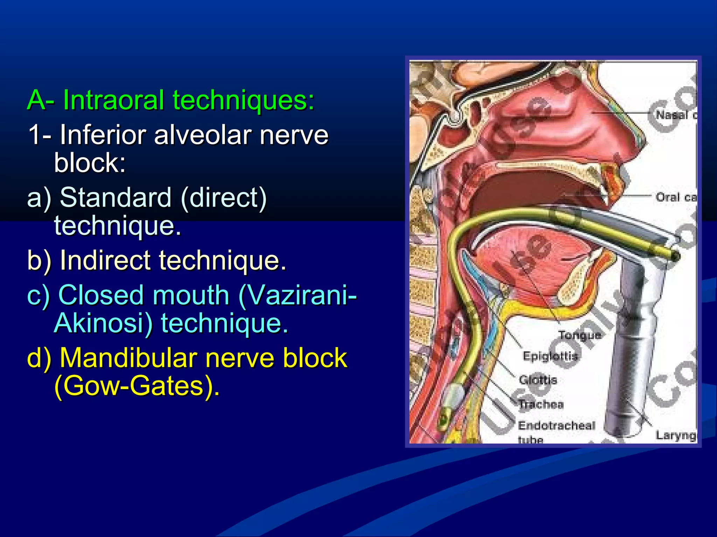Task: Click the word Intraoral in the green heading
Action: [113, 100]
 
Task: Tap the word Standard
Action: [116, 198]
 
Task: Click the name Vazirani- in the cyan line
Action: [298, 295]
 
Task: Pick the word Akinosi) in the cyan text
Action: [104, 323]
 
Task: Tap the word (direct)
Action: [224, 198]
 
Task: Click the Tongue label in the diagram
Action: [579, 335]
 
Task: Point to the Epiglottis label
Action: [550, 356]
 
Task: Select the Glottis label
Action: [538, 380]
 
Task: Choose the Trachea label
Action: [541, 404]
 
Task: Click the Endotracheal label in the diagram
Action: [557, 425]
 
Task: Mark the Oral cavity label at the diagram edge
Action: [676, 197]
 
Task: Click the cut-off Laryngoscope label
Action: [676, 435]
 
